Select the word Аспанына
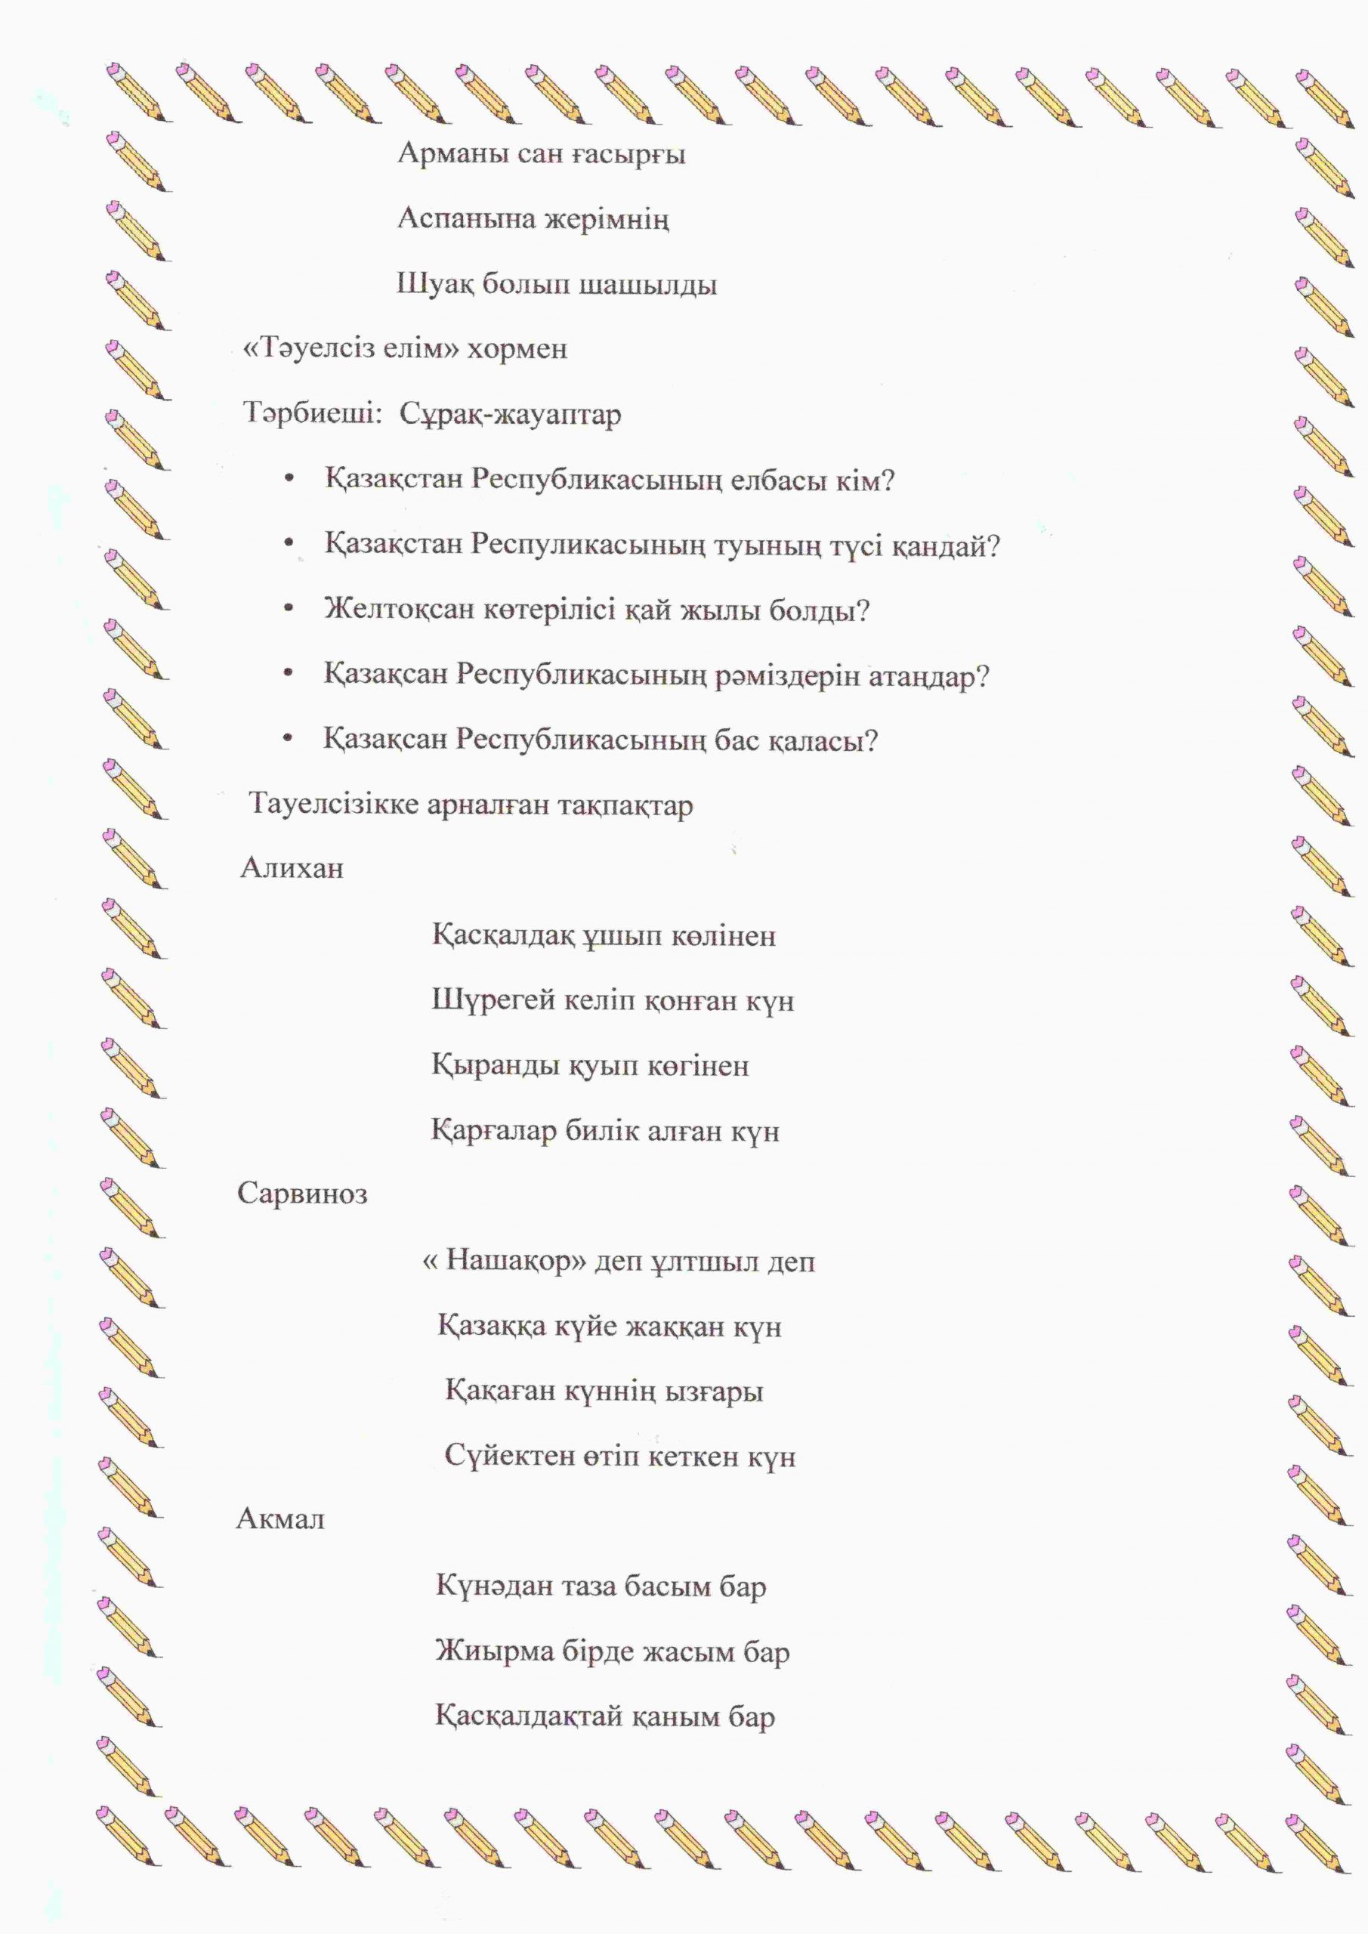pyautogui.click(x=466, y=220)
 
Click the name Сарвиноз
pyautogui.click(x=302, y=1194)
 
